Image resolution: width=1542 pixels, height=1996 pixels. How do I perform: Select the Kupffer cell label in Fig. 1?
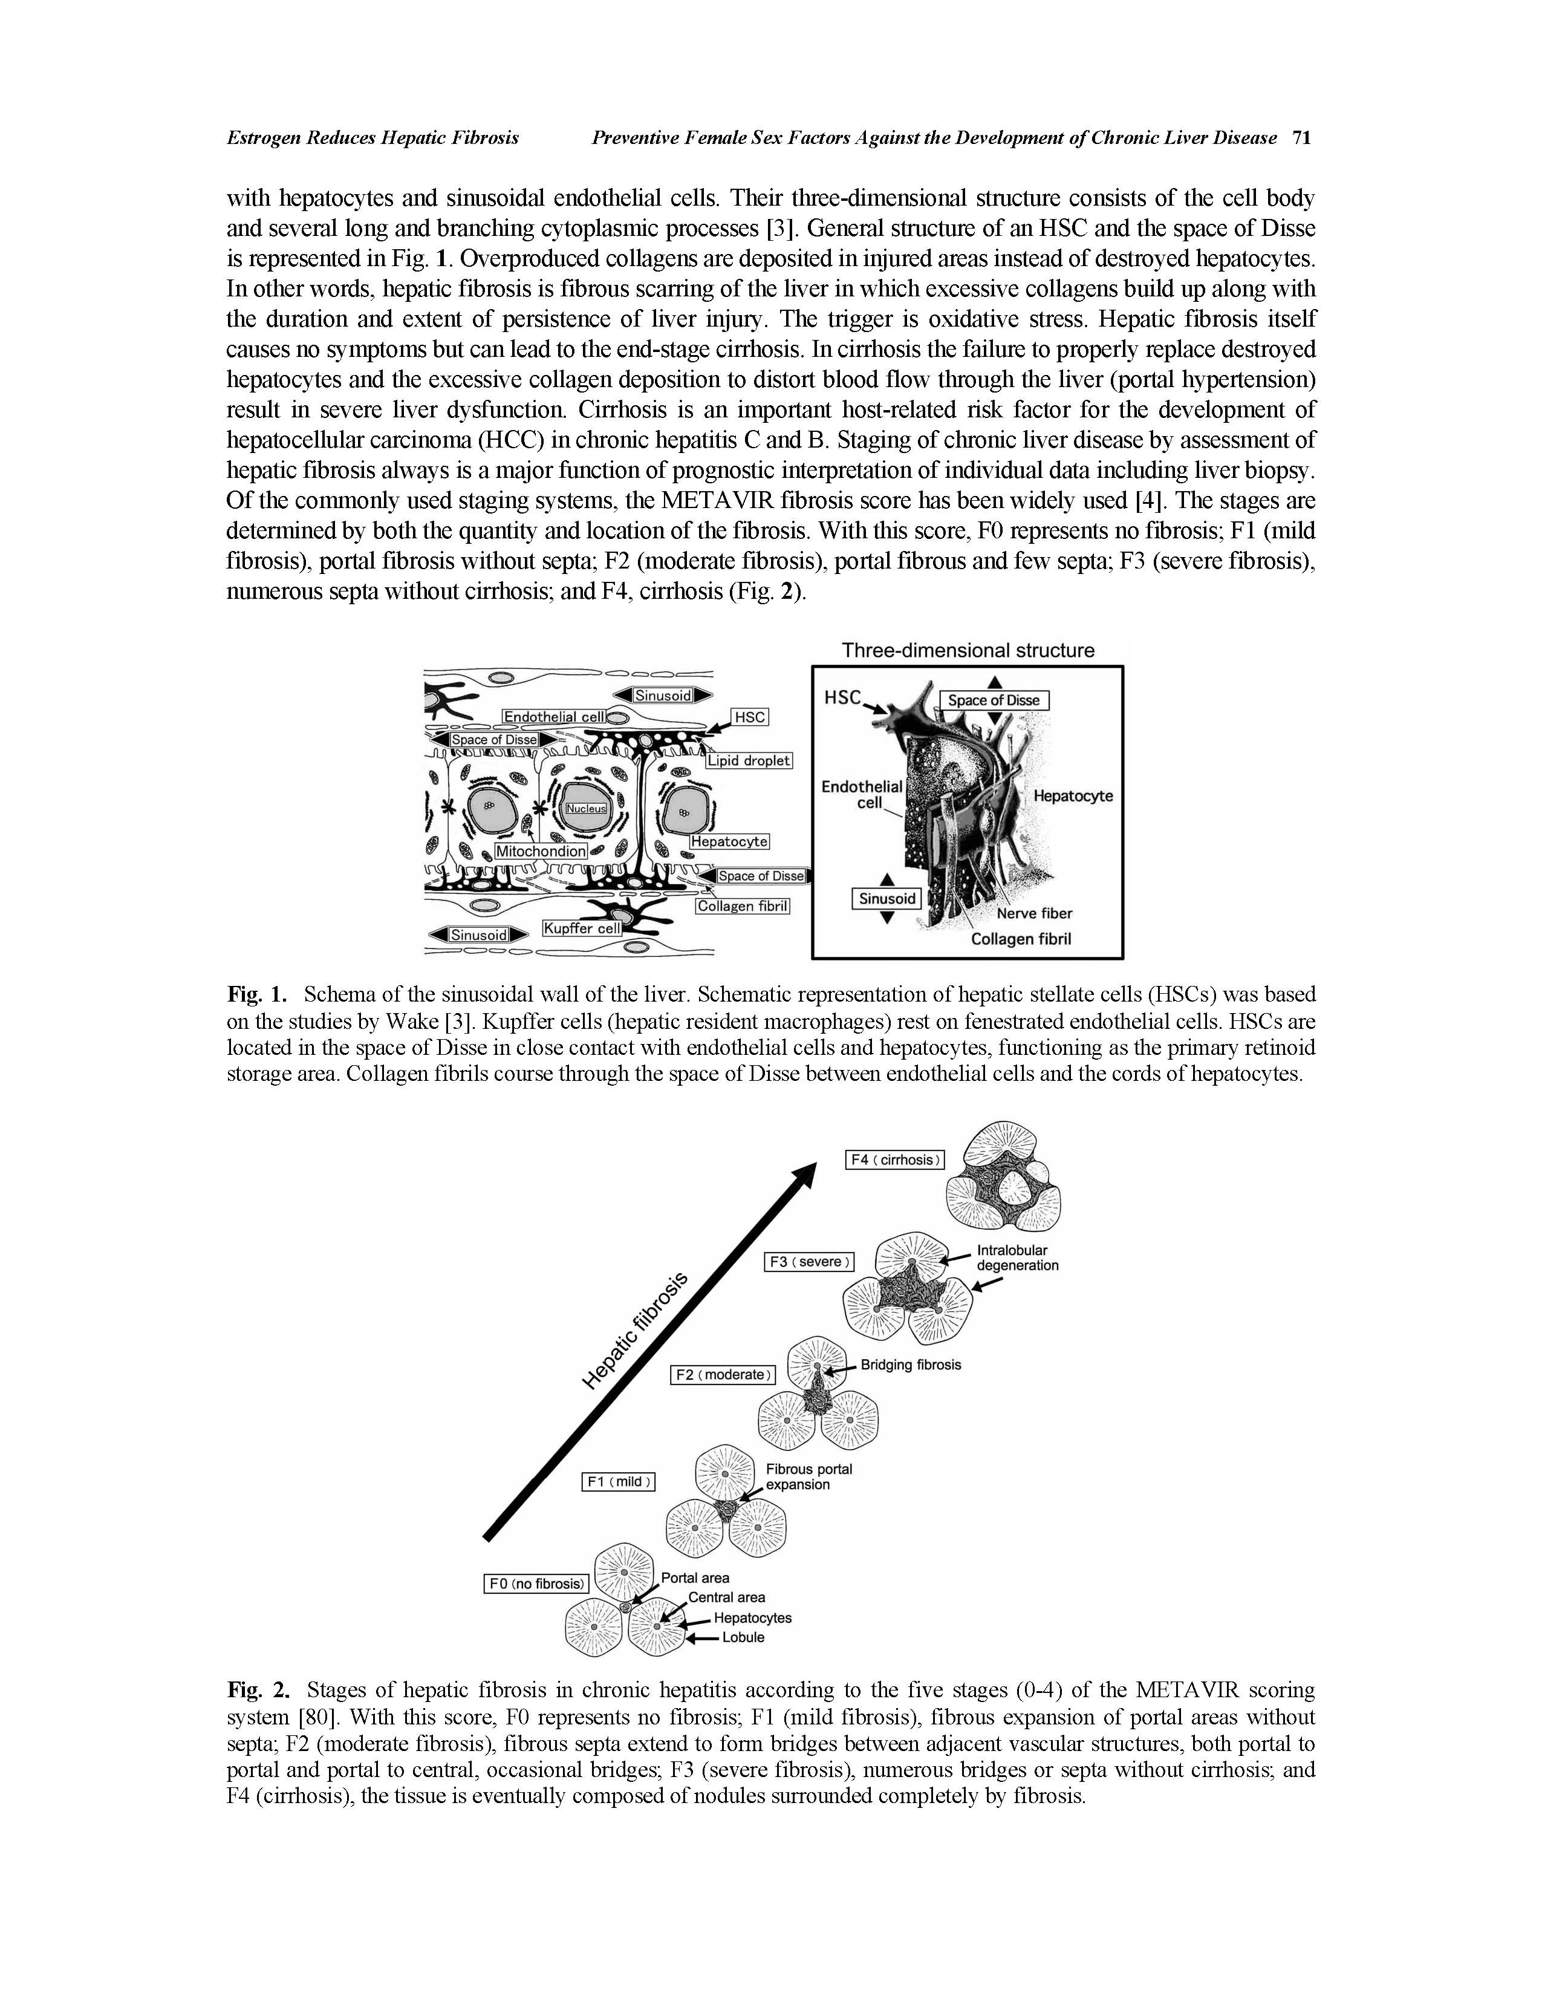point(582,928)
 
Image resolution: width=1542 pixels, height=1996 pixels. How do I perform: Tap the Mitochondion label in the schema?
point(541,851)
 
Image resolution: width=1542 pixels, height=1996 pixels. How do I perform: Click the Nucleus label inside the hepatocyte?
point(585,809)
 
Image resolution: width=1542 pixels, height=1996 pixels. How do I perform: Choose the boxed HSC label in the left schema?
point(749,717)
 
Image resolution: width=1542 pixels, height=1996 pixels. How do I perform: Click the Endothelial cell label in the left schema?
point(555,717)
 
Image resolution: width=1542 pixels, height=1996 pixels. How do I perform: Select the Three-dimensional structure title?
point(968,651)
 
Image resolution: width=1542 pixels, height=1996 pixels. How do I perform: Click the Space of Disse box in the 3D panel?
point(994,700)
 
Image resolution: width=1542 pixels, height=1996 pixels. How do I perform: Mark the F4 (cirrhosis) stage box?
point(894,1159)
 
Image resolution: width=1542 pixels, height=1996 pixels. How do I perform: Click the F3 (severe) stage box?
point(808,1262)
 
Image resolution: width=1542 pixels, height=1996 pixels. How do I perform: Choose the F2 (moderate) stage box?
point(723,1375)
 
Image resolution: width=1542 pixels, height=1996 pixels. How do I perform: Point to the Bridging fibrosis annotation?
point(911,1365)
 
